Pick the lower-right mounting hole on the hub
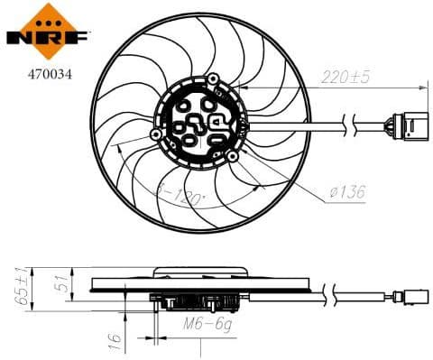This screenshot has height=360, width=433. [235, 156]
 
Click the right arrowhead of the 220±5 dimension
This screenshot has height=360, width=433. [424, 87]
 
